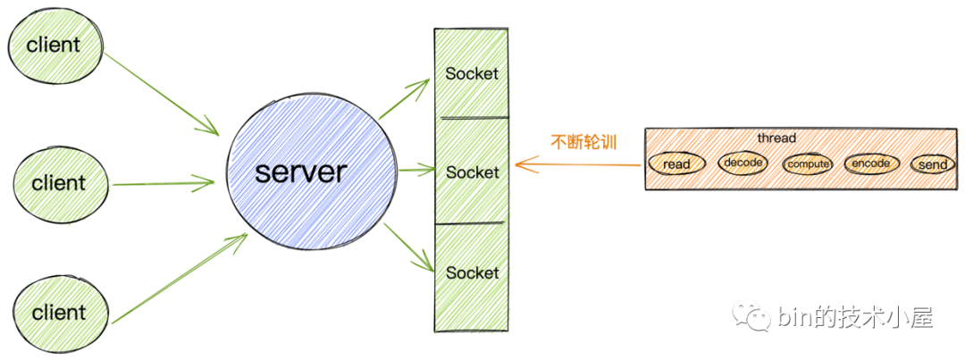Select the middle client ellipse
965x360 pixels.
tap(59, 183)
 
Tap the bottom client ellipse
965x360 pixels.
tap(59, 313)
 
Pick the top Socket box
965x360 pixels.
tap(471, 73)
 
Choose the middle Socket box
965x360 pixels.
tap(471, 172)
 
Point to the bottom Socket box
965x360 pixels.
tap(471, 272)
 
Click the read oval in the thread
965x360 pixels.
tap(676, 164)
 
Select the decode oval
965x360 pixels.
tap(743, 163)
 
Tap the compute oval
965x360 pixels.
tap(808, 164)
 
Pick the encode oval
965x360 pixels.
tap(870, 163)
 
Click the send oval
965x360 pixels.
tap(932, 165)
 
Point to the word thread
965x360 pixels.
tap(776, 138)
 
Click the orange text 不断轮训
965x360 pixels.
tap(583, 141)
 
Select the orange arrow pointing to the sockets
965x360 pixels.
tap(575, 164)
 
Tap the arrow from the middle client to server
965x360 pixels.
tap(164, 184)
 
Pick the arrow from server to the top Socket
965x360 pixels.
tap(405, 99)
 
